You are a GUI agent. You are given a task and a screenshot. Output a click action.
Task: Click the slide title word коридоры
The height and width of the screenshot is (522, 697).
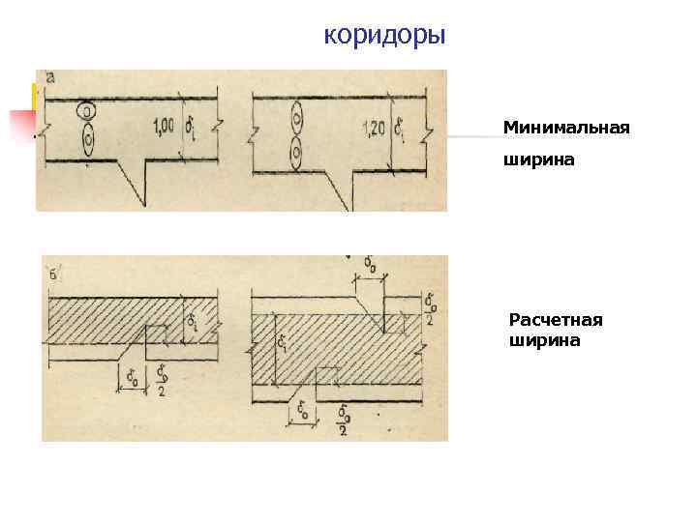(x=384, y=36)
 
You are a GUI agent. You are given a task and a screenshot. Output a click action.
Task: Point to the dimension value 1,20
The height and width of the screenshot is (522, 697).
(x=373, y=128)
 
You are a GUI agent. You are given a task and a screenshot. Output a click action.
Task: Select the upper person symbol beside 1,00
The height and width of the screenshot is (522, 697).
(x=88, y=113)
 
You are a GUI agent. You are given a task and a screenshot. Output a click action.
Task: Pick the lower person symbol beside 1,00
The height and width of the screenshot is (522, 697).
(x=88, y=141)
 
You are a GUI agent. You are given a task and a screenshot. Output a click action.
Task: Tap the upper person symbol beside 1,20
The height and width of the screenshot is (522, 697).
(x=295, y=121)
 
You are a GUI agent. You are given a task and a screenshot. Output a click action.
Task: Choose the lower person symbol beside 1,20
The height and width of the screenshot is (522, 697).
(x=295, y=152)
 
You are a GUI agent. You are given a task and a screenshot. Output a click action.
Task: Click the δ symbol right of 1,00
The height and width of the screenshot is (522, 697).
(x=194, y=126)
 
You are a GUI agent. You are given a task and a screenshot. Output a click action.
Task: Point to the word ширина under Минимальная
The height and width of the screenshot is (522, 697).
(x=538, y=162)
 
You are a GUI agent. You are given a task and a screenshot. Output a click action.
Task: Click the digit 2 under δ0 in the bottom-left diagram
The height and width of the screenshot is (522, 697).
(x=160, y=391)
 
